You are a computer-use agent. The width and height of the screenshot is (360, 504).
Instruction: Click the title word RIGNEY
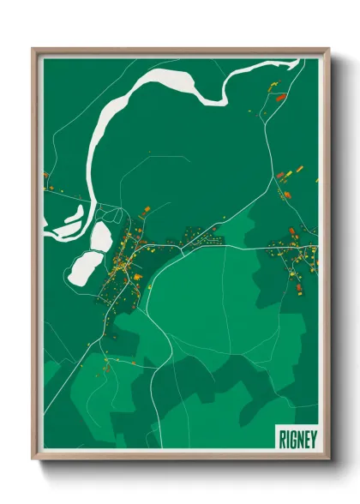[x=297, y=437]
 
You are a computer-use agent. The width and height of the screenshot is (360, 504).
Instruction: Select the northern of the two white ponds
[x=101, y=237]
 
